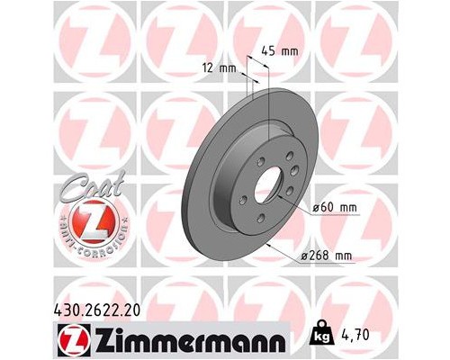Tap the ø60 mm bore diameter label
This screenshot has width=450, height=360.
(x=336, y=209)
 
